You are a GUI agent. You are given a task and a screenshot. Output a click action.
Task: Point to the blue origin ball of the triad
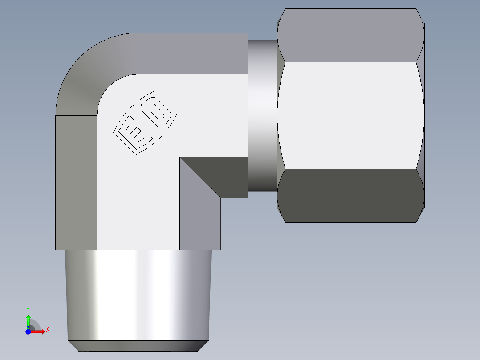coord(28,331)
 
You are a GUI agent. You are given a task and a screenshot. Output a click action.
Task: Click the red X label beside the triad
coord(47,330)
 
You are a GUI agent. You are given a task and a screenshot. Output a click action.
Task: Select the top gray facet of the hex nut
coord(350,35)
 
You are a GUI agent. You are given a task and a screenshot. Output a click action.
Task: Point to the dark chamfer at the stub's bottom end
coord(138,346)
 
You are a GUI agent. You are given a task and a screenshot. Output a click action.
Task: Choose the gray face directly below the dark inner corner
coord(199,214)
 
